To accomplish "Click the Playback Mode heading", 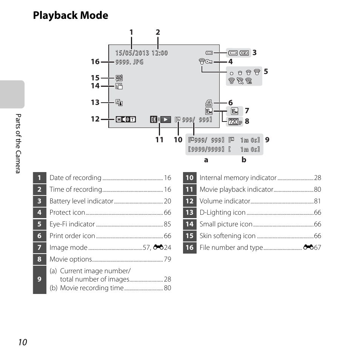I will (71, 15).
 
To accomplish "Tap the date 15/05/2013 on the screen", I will (132, 53).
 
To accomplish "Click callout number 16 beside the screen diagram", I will (95, 62).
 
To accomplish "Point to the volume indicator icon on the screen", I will (126, 120).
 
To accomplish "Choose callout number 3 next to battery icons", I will (255, 53).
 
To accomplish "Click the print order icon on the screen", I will (209, 102).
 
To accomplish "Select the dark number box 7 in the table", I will (39, 248).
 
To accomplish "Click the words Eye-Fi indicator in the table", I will (72, 224).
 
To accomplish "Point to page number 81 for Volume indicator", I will (318, 201).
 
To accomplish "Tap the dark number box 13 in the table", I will (189, 213).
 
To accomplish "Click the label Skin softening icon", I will (228, 236).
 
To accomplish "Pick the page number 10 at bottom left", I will (22, 342).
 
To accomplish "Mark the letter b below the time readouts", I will (244, 160).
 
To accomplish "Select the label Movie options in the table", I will (71, 259).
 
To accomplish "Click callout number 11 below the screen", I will (159, 140).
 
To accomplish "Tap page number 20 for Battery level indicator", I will (168, 201).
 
